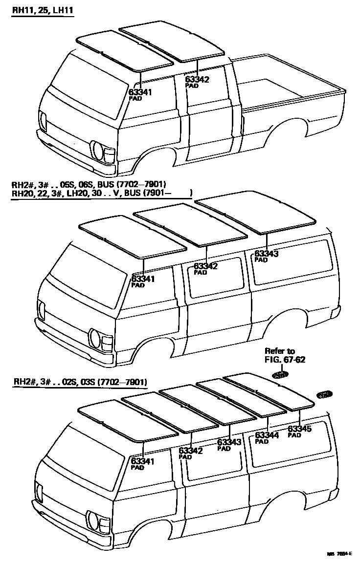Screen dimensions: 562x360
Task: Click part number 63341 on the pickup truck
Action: tap(141, 91)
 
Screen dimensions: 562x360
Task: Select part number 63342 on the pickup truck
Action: tap(197, 79)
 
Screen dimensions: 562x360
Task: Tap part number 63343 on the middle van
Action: tap(267, 254)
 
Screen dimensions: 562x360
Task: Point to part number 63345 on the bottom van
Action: tap(300, 429)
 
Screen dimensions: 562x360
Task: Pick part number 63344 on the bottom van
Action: tap(267, 435)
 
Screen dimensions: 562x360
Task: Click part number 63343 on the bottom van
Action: tap(229, 442)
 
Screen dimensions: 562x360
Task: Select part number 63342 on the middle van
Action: tap(205, 266)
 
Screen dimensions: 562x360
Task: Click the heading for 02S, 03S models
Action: tap(80, 382)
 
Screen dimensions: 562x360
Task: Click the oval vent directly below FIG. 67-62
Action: tap(281, 375)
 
